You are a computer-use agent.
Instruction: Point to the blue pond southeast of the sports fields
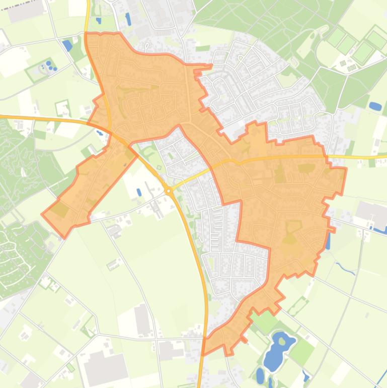coord(375,106)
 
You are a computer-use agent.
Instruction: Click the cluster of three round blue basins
coord(50,66)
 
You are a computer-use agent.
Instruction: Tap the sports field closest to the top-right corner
coord(376,39)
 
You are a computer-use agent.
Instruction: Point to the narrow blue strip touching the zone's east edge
coord(328,241)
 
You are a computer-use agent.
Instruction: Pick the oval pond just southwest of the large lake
coord(260,375)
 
